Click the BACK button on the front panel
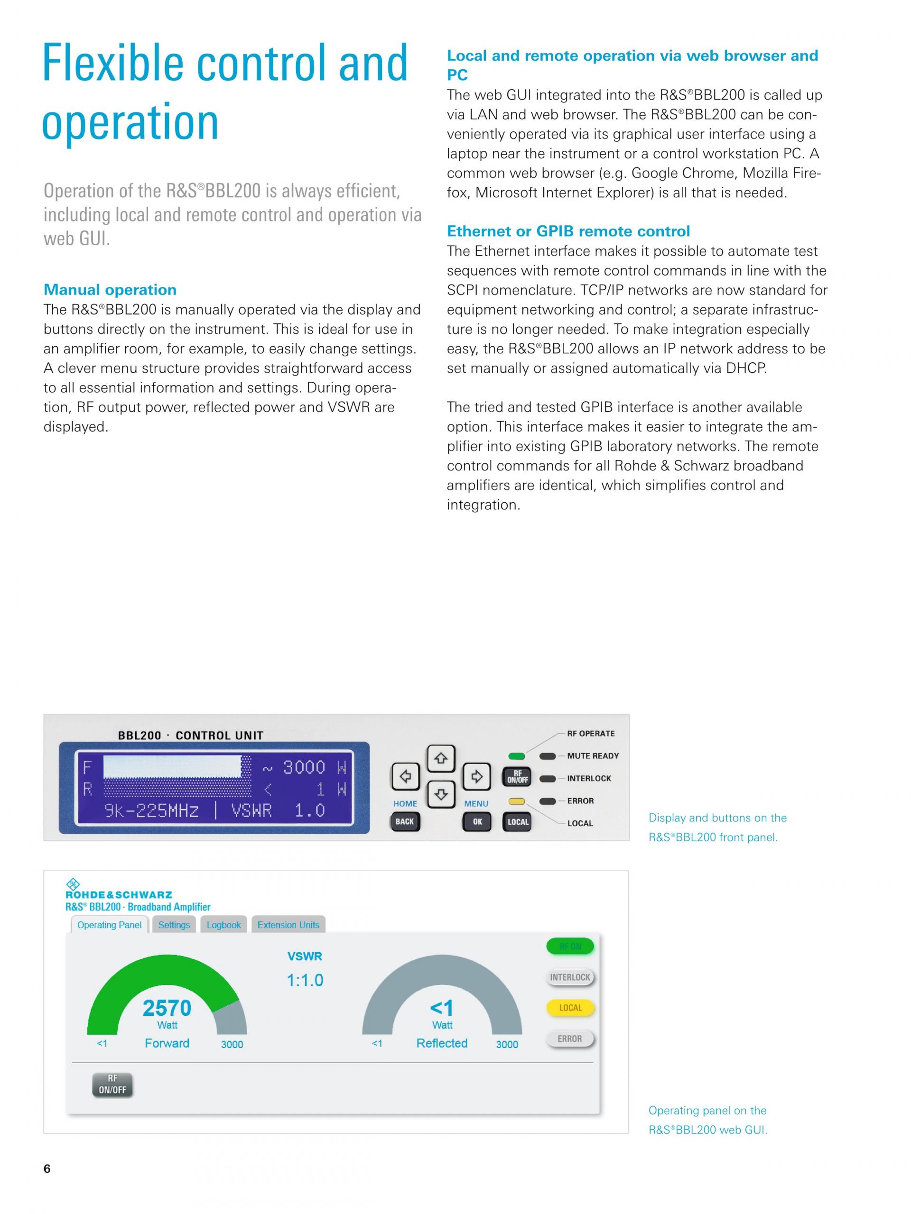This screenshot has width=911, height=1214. (405, 822)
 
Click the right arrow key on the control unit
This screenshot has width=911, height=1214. (476, 777)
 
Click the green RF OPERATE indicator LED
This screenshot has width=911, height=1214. (517, 756)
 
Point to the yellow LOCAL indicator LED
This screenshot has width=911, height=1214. (517, 801)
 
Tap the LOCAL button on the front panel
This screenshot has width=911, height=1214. (517, 822)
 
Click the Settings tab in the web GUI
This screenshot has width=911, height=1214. (174, 925)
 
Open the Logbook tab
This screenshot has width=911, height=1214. (223, 925)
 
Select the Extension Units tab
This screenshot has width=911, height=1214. (288, 925)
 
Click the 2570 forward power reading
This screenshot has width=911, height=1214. (167, 1008)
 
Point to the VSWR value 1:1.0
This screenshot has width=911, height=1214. (305, 980)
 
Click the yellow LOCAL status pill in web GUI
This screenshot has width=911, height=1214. (570, 1008)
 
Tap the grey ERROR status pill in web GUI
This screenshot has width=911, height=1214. (570, 1039)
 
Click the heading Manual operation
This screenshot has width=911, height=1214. (110, 290)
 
